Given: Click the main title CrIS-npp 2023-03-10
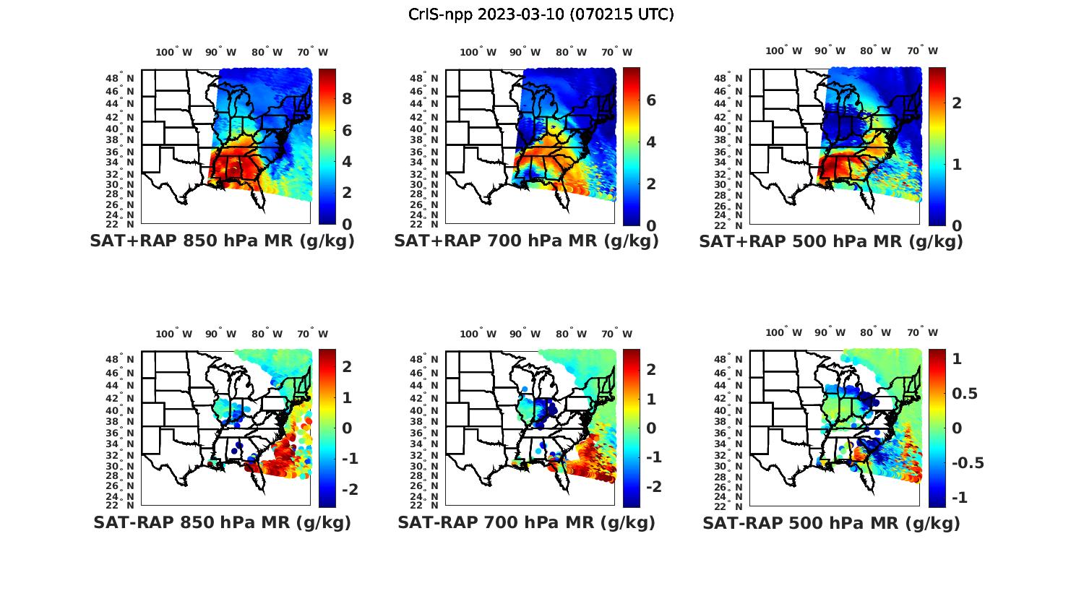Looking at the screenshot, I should click(x=541, y=14).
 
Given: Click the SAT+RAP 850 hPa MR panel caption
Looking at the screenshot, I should click(x=222, y=241).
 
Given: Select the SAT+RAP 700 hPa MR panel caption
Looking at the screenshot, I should click(x=526, y=241).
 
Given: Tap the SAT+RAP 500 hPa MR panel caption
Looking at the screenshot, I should click(x=831, y=241).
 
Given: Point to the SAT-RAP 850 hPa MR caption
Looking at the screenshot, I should click(x=222, y=522).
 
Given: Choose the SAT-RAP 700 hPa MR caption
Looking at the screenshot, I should click(x=526, y=522).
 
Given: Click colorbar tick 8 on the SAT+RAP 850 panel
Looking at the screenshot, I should click(x=347, y=99).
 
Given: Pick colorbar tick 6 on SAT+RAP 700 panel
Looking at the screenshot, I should click(x=651, y=100).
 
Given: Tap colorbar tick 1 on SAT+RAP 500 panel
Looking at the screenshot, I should click(x=957, y=164).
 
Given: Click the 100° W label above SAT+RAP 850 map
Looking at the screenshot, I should click(x=174, y=52).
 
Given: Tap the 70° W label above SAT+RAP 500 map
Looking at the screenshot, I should click(x=922, y=51).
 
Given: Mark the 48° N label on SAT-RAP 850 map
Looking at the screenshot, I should click(x=120, y=360).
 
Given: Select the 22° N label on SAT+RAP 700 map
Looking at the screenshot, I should click(x=424, y=224).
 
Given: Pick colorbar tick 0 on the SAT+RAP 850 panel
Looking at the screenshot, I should click(x=347, y=225).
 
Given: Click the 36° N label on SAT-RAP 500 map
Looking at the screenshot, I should click(x=728, y=433).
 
